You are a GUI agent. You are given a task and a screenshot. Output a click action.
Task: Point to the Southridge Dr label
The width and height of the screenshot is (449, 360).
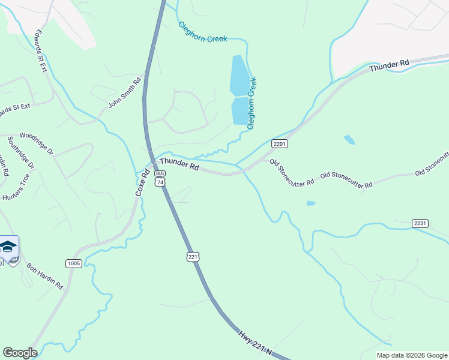[x=21, y=153]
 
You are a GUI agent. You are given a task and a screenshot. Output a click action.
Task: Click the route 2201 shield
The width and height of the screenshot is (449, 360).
[x=280, y=144]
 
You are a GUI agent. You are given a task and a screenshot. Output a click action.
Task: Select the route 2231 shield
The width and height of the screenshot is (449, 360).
[x=420, y=223]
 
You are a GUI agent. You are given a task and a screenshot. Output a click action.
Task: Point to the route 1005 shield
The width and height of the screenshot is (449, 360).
[x=74, y=263]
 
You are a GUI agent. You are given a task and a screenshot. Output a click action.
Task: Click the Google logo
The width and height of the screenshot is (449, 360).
[x=20, y=353]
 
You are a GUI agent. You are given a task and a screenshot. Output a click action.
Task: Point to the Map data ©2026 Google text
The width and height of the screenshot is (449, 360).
[x=412, y=355]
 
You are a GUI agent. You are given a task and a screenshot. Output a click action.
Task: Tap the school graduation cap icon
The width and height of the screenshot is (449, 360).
[x=8, y=247]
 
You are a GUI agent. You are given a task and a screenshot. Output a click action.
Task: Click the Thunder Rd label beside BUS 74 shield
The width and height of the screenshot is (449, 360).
[x=179, y=164]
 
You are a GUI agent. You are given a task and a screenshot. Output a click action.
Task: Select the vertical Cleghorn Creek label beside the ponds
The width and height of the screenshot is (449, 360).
[x=253, y=103]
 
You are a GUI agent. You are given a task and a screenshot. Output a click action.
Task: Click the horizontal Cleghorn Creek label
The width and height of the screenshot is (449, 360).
[x=202, y=32]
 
